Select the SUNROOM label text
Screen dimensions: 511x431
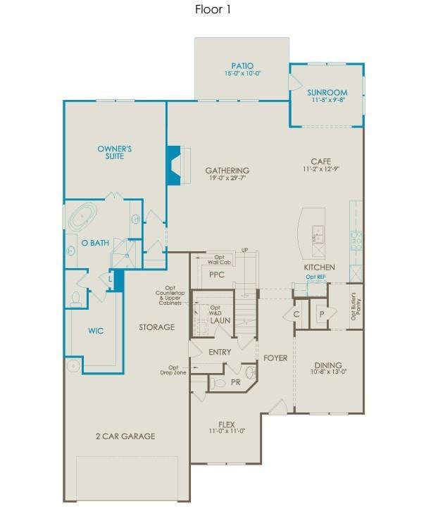point(326,92)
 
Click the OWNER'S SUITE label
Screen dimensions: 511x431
point(115,152)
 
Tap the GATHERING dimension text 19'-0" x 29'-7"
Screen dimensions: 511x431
point(227,179)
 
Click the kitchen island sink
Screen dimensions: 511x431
point(317,234)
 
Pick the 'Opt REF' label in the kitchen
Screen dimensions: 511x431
point(316,277)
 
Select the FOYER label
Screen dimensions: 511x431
point(275,358)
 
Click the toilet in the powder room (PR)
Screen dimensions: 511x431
point(219,383)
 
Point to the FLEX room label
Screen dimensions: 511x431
point(226,425)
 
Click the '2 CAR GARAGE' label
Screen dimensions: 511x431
point(125,436)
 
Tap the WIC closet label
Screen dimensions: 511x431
point(96,329)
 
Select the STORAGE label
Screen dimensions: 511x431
point(156,327)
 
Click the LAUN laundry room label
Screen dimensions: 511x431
point(220,321)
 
